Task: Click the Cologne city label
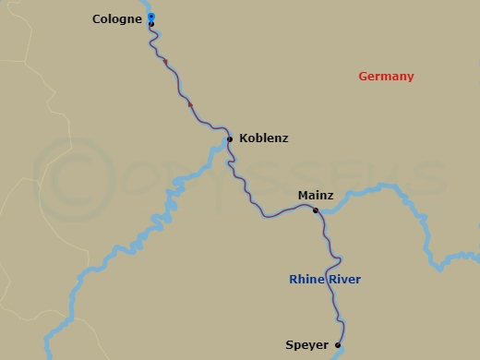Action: click(117, 18)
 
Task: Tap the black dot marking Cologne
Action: click(151, 24)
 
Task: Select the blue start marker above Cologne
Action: click(151, 17)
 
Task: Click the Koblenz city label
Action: click(263, 138)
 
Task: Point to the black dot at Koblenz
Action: click(230, 139)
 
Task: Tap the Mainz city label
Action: click(316, 196)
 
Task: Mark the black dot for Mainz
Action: click(316, 210)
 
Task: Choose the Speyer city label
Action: click(307, 345)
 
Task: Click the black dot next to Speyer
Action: click(338, 345)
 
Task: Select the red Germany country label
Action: click(386, 77)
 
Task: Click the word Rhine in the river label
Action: click(306, 279)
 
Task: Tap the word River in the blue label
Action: click(343, 279)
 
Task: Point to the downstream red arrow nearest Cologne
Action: click(165, 62)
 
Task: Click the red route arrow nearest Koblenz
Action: click(190, 104)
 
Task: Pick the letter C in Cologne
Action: click(97, 18)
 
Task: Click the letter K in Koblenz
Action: click(243, 138)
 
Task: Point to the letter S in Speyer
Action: click(290, 345)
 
